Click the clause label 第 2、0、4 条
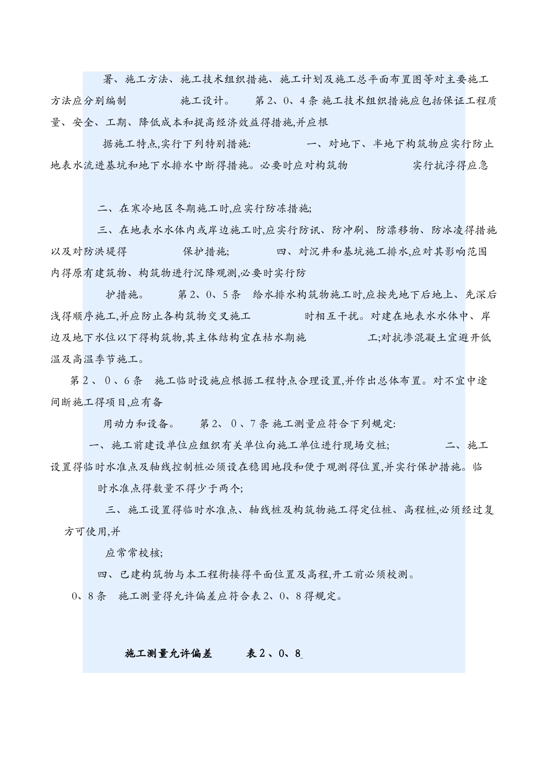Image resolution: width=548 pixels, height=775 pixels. point(286,101)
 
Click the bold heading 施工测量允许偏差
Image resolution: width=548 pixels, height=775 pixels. point(168,653)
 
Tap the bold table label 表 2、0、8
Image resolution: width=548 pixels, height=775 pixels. point(275,653)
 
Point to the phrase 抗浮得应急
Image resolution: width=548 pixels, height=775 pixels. point(460,165)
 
